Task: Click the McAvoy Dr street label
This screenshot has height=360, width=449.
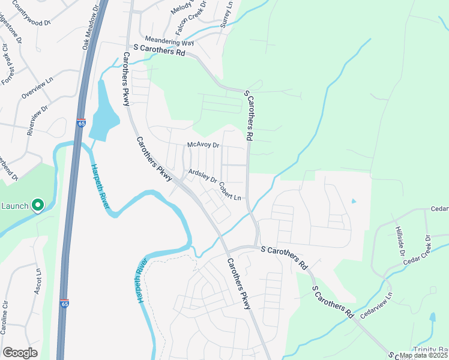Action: coord(204,145)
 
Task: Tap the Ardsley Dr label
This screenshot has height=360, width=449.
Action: coord(202,174)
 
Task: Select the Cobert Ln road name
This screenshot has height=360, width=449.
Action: coord(230,191)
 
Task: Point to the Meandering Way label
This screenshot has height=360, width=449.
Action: coord(169,43)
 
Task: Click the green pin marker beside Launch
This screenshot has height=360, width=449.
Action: coord(37,206)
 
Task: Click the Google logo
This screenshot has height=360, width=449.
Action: coord(20,353)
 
